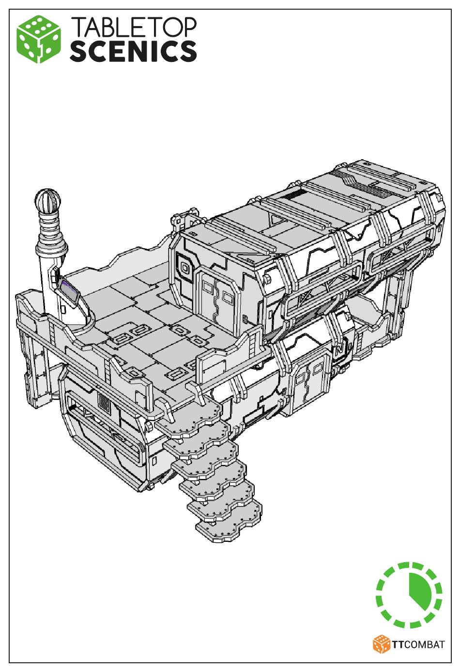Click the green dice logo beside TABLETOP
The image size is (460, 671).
(39, 39)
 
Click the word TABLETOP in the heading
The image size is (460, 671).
(134, 27)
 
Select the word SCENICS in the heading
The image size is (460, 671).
(133, 51)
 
